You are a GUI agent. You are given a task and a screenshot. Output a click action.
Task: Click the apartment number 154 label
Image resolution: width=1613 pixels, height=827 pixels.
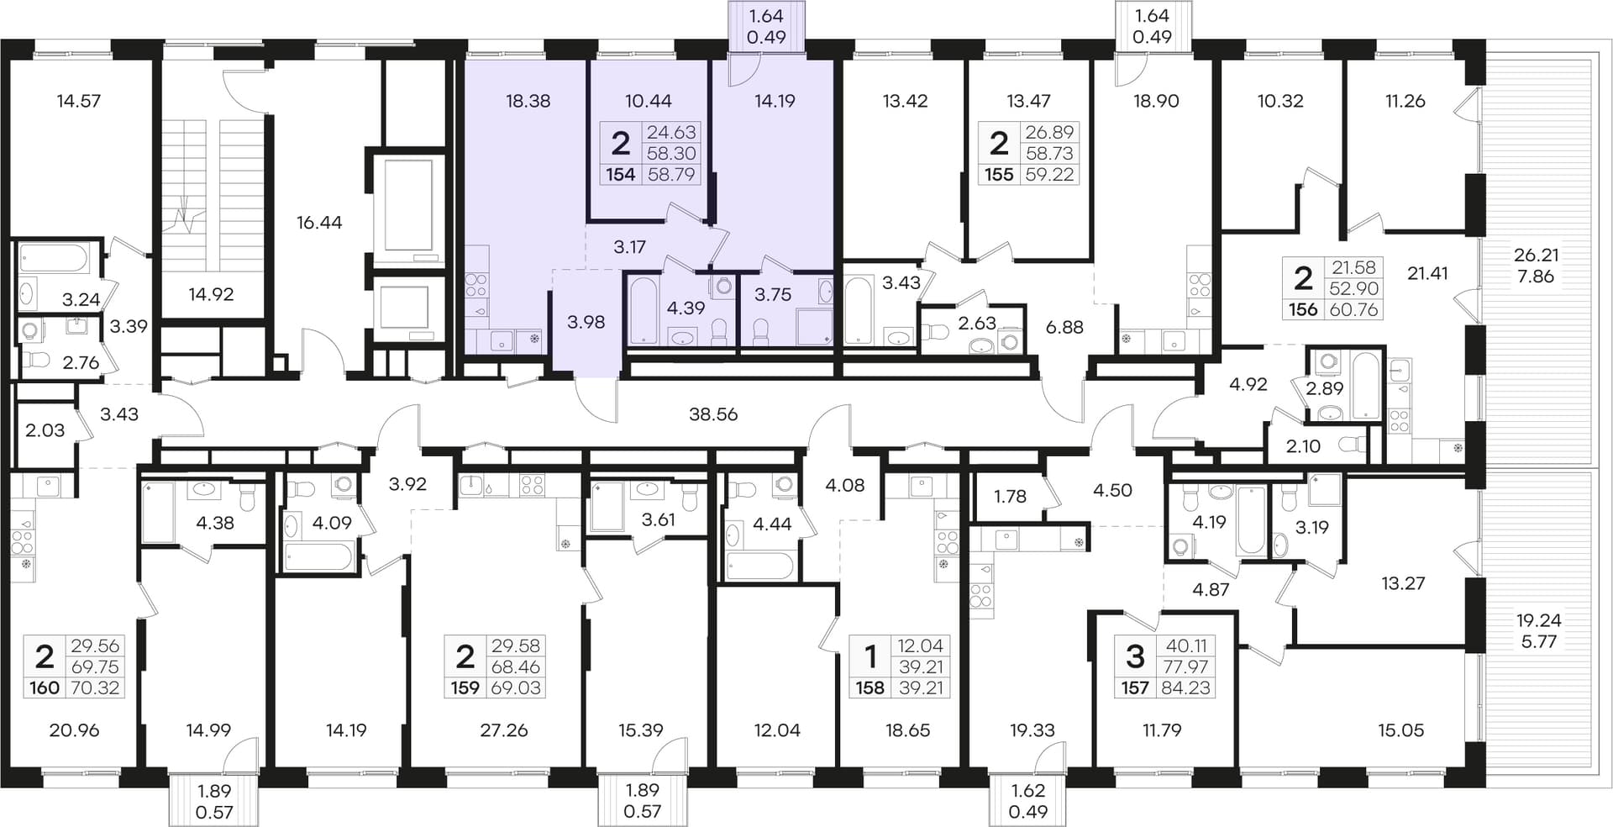tap(621, 175)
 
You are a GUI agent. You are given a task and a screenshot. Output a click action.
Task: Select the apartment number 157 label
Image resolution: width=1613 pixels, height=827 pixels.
tap(1135, 688)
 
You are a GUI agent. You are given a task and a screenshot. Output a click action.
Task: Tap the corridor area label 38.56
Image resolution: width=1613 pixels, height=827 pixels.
tap(713, 414)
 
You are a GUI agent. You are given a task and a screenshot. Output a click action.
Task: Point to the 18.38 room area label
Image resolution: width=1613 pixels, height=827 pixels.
tap(528, 101)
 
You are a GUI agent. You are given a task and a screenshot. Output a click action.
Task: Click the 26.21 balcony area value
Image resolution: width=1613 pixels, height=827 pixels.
tap(1536, 255)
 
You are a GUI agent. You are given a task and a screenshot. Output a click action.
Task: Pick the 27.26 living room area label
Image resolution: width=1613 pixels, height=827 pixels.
tap(504, 730)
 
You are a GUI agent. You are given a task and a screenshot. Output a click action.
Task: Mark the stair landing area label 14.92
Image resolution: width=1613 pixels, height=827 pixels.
tap(211, 294)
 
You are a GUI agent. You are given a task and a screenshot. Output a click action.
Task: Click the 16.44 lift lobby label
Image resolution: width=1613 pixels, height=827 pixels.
tap(319, 223)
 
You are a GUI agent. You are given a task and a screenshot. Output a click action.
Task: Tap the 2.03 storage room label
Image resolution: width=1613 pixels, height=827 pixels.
tap(45, 430)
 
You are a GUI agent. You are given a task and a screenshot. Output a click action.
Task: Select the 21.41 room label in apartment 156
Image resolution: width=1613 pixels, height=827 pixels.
tap(1428, 273)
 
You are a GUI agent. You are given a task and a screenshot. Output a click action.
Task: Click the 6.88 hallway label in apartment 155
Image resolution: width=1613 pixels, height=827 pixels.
tap(1064, 327)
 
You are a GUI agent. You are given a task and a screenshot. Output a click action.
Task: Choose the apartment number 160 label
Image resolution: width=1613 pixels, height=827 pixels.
tap(45, 688)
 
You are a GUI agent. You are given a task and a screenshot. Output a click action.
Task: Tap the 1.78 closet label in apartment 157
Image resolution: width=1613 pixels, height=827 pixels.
tap(1010, 497)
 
